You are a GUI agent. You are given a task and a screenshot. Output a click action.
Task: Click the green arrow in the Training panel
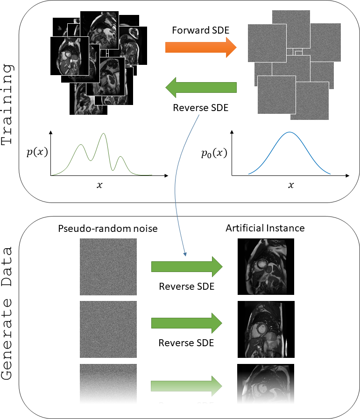pyautogui.click(x=201, y=87)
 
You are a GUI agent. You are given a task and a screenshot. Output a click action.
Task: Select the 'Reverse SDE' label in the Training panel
pyautogui.click(x=201, y=108)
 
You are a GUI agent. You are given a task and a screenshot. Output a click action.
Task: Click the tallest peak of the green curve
pyautogui.click(x=103, y=134)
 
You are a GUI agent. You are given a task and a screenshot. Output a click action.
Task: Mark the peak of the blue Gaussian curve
pyautogui.click(x=289, y=133)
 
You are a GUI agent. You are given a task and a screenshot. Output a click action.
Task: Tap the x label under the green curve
pyautogui.click(x=99, y=185)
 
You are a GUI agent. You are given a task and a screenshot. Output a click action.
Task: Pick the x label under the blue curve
pyautogui.click(x=291, y=185)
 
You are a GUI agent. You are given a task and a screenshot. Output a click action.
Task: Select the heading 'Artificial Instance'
pyautogui.click(x=265, y=228)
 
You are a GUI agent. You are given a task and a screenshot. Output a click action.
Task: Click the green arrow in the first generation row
pyautogui.click(x=186, y=266)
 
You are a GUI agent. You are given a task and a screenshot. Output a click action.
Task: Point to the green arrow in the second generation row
pyautogui.click(x=186, y=323)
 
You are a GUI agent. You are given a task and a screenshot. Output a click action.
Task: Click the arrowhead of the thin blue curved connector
pyautogui.click(x=185, y=255)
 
